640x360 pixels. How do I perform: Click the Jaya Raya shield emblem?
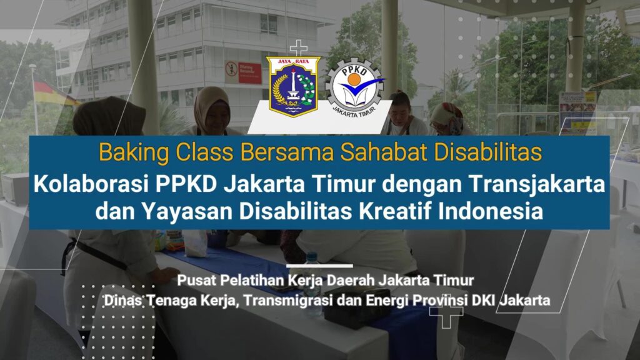click(x=294, y=86)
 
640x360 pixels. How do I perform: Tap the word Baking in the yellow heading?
click(x=134, y=152)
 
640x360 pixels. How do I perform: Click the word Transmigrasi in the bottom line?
click(x=289, y=301)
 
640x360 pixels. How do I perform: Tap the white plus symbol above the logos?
click(x=299, y=48)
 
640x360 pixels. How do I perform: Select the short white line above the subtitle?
click(x=319, y=266)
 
